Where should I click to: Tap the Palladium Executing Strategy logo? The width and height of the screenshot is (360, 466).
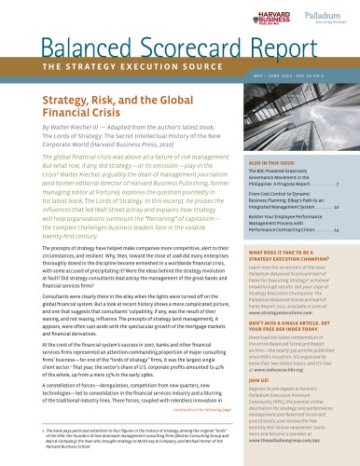pyautogui.click(x=316, y=18)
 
